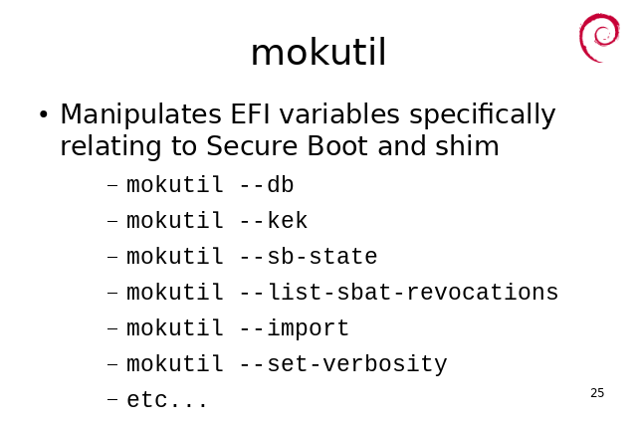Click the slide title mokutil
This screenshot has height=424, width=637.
point(318,53)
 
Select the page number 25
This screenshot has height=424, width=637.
point(597,393)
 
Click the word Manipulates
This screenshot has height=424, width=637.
point(140,114)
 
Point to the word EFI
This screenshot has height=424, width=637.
point(250,113)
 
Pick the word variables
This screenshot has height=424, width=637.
point(339,113)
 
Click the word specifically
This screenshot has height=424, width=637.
point(482,114)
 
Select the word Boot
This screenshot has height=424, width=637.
point(337,146)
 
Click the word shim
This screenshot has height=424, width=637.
point(467,145)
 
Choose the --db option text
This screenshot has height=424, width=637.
point(266,185)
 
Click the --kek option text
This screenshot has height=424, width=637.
point(274,221)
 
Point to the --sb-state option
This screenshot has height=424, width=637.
point(309,257)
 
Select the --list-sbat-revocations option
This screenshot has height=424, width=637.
point(399,293)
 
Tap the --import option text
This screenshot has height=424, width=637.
point(295,328)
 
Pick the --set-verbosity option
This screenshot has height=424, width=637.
point(343,364)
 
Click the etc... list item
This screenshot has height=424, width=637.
point(167,400)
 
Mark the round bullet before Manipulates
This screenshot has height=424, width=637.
point(44,114)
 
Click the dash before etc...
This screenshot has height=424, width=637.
point(112,400)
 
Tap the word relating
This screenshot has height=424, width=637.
point(110,147)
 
